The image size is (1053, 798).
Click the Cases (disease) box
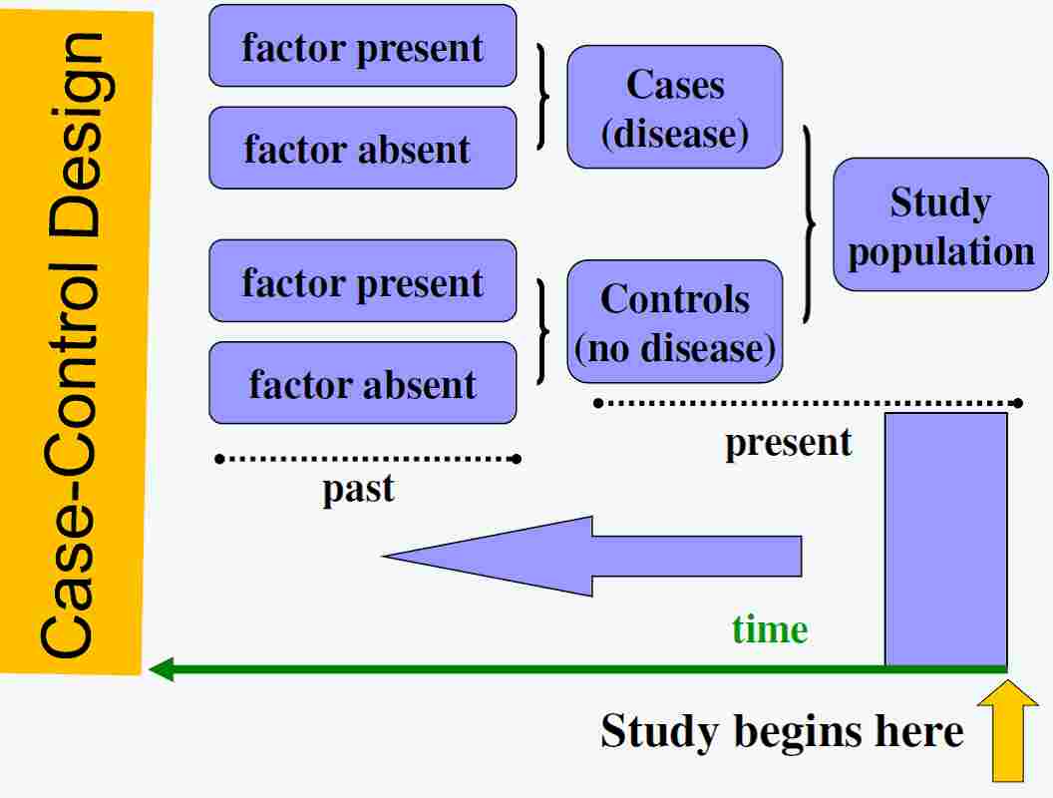[x=675, y=107]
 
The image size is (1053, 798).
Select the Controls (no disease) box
[x=675, y=322]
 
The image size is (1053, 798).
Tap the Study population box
[x=940, y=224]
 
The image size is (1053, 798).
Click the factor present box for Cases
[x=363, y=46]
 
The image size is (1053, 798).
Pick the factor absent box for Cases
[x=363, y=149]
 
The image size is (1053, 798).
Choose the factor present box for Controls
[x=363, y=281]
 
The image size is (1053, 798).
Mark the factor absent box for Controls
[x=363, y=383]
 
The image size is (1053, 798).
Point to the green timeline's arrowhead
[x=162, y=668]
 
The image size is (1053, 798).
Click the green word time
[x=769, y=629]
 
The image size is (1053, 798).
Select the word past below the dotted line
[x=358, y=490]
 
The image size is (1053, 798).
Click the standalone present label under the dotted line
[x=788, y=442]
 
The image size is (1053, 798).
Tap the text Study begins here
[x=782, y=731]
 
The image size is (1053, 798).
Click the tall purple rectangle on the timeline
[x=946, y=539]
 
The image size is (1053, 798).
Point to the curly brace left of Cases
[x=542, y=96]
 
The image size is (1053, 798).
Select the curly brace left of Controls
[x=542, y=331]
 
